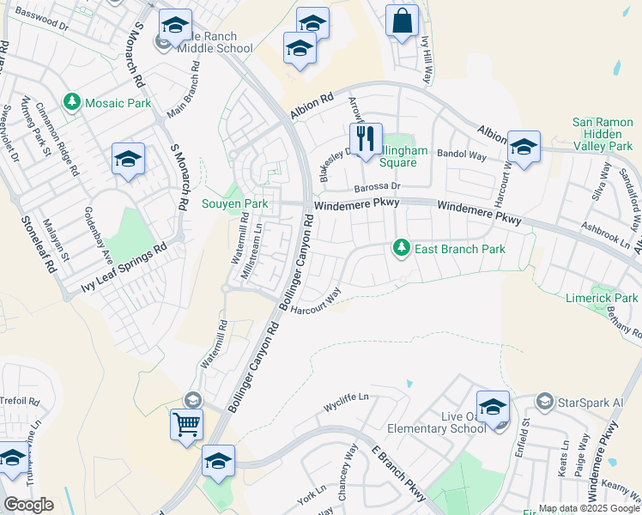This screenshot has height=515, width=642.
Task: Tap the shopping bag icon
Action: tap(402, 20)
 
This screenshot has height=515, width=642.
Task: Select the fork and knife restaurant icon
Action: tap(366, 138)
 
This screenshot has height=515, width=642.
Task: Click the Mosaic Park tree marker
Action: tap(72, 103)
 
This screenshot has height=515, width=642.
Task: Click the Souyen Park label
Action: tap(234, 204)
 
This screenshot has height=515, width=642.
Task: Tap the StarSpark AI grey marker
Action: tap(543, 402)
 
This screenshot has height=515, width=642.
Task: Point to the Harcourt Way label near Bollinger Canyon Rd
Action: tap(316, 305)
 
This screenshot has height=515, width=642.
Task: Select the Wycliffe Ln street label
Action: tap(346, 397)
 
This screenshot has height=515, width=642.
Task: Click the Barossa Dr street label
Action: tap(378, 186)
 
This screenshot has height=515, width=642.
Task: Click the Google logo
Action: tap(28, 505)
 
